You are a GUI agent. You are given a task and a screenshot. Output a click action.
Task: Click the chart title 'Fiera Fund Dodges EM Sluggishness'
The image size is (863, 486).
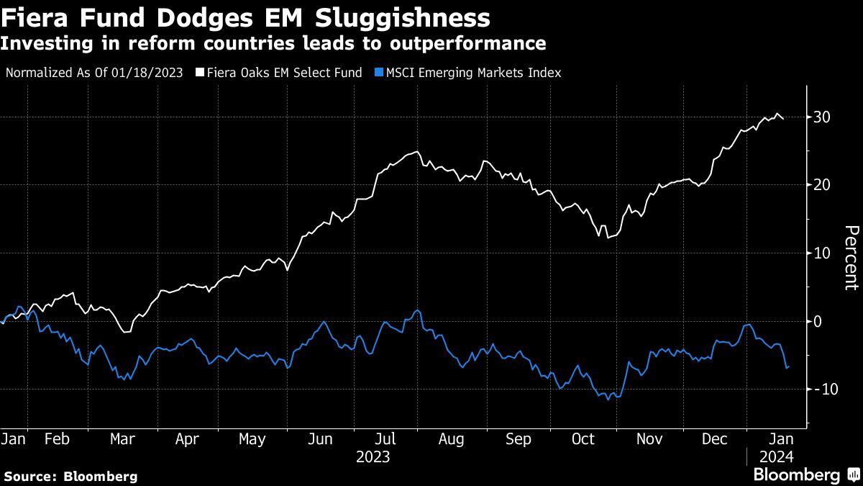point(246,17)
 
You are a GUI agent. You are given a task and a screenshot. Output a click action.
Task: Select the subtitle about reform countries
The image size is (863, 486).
point(273,44)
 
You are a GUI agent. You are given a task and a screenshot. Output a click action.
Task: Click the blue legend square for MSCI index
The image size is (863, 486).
point(378,73)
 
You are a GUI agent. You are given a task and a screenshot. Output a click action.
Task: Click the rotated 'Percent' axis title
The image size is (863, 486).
point(851,257)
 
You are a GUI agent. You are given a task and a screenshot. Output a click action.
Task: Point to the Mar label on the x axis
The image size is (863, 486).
point(123,439)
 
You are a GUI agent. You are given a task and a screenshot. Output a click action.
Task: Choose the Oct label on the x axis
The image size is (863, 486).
point(583,439)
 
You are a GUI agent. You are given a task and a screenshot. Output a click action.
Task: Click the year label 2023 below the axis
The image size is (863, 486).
point(373,457)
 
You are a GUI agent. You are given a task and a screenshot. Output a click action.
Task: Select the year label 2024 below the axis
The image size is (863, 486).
point(777,457)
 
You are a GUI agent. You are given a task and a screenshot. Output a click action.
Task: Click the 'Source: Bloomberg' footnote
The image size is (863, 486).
point(70,476)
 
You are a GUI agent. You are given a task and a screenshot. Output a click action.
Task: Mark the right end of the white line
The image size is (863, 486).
point(783,119)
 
